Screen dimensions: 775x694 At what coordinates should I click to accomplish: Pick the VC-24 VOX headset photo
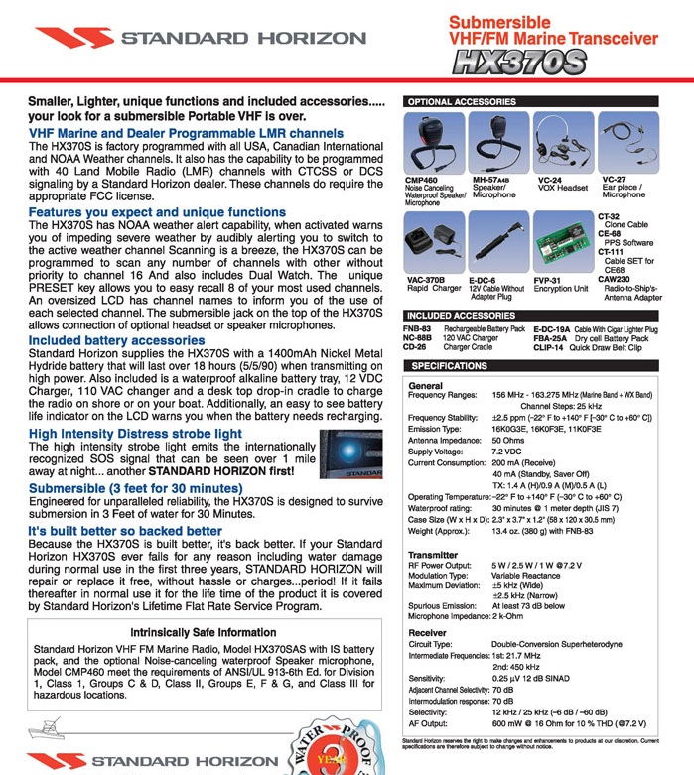(x=559, y=142)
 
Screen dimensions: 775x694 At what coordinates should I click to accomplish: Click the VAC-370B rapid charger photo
(x=430, y=244)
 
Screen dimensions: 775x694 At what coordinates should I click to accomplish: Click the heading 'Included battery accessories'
(x=116, y=340)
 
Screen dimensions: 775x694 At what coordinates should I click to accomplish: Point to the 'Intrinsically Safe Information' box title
(x=204, y=632)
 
